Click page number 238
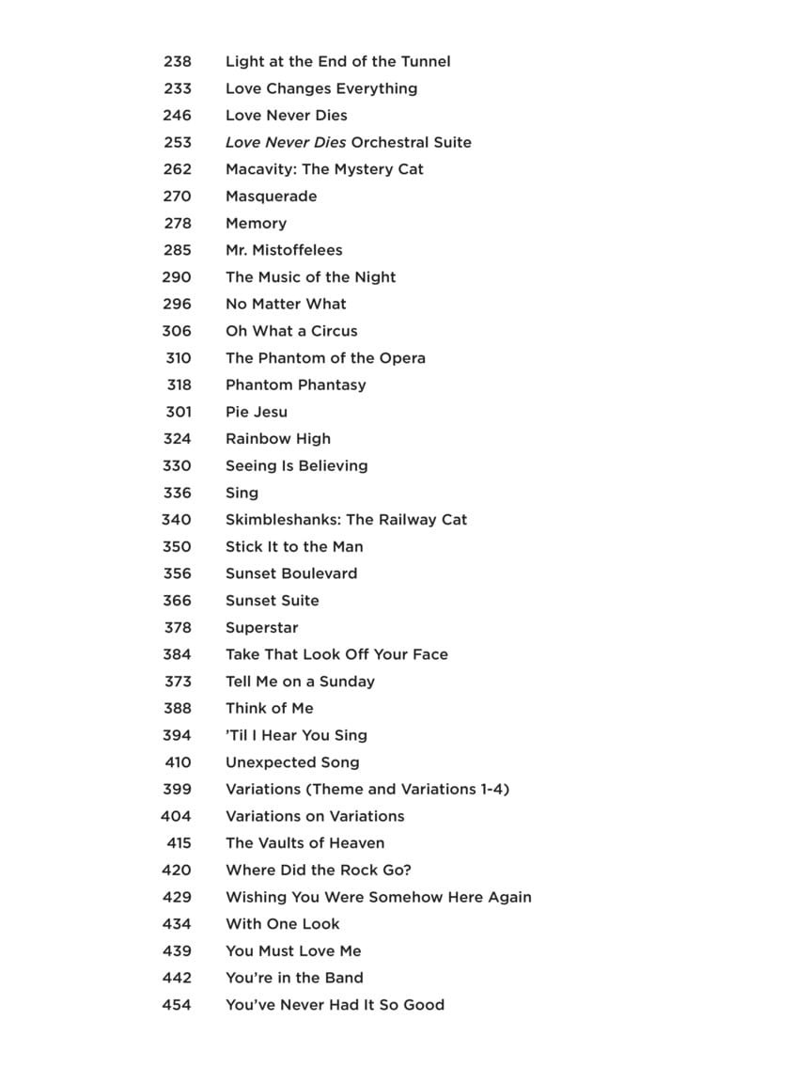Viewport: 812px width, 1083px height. coord(177,61)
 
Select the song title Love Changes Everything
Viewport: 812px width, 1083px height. coord(321,88)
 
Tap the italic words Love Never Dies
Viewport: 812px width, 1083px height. coord(286,142)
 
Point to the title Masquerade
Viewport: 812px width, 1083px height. coord(271,196)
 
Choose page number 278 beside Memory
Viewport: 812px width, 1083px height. coord(177,223)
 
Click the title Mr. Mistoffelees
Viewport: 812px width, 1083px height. coord(284,250)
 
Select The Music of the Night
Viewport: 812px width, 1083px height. coord(310,277)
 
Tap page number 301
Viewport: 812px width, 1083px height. coord(177,412)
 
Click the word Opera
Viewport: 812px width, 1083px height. coord(402,358)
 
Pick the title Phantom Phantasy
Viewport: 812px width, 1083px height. coord(295,385)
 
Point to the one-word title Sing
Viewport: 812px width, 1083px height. coord(242,493)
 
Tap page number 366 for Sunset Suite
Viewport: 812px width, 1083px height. coord(177,601)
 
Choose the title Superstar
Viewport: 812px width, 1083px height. coord(261,627)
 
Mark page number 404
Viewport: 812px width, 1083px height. coord(176,816)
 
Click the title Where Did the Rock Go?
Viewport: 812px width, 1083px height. coord(318,870)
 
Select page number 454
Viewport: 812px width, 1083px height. coord(177,1005)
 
